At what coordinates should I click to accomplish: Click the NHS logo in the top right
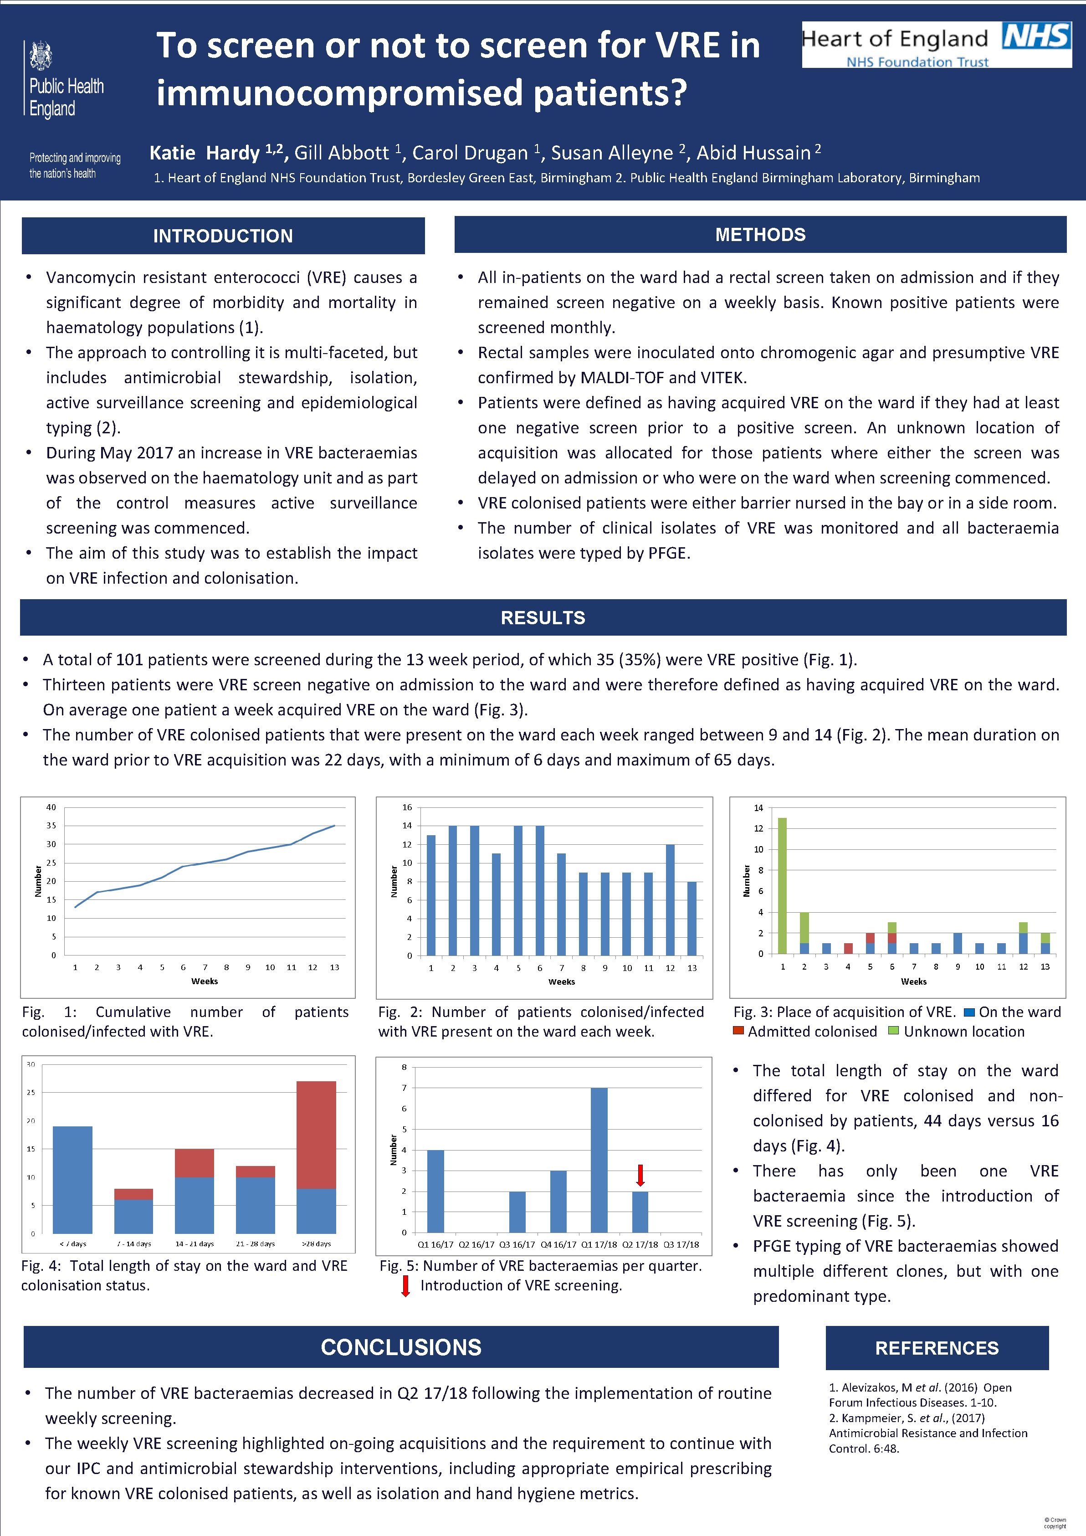[1036, 36]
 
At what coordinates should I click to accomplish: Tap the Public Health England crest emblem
[41, 56]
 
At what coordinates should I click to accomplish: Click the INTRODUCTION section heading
[223, 236]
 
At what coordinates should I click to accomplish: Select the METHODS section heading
[760, 234]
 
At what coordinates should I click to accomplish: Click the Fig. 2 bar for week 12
[670, 900]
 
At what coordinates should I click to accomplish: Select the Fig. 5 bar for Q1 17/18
[599, 1160]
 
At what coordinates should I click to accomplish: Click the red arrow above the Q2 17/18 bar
[640, 1175]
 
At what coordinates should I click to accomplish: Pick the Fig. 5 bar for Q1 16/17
[435, 1191]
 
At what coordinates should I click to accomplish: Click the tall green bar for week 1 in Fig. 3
[782, 886]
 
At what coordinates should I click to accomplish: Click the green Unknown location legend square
[893, 1031]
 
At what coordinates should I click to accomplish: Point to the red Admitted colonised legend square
[738, 1031]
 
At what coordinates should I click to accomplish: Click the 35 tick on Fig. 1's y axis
[51, 826]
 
